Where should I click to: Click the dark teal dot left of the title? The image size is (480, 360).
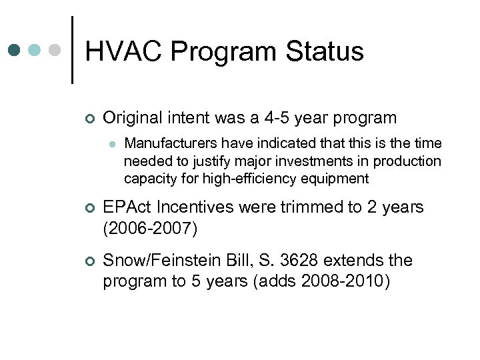[15, 50]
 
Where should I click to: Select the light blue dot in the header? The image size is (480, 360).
[36, 50]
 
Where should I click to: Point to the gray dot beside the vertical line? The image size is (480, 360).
[56, 50]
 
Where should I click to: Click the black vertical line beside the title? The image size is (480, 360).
[71, 50]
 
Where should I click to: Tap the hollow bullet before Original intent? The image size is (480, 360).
[90, 119]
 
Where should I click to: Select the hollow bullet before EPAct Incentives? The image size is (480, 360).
[90, 208]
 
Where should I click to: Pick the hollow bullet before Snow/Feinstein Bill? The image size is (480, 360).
[90, 261]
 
